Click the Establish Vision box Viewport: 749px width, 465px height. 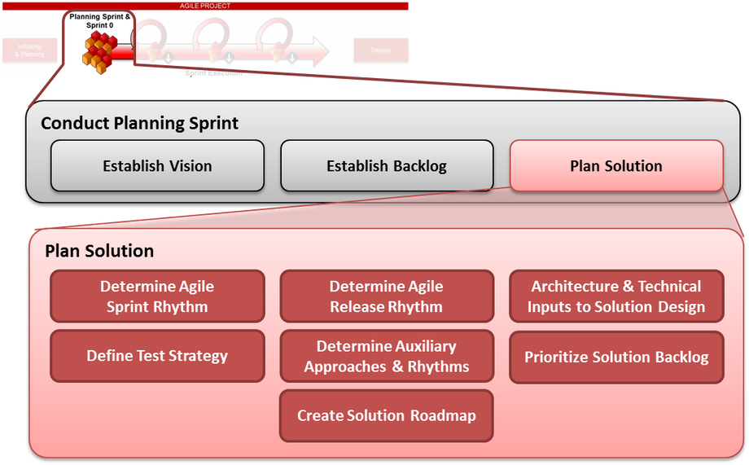(157, 166)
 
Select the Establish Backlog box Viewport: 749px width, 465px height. (387, 166)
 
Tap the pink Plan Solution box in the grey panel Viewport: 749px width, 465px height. (616, 166)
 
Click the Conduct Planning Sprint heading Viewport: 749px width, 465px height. (139, 123)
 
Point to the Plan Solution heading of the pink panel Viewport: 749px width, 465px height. (99, 251)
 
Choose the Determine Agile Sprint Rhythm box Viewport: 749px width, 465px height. (157, 296)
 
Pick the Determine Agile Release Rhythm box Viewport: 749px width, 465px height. (387, 296)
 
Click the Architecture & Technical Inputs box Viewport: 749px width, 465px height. (616, 296)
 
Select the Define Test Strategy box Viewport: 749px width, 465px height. (157, 356)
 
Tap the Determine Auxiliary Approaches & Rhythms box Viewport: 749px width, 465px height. (387, 356)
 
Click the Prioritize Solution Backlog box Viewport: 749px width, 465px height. (616, 357)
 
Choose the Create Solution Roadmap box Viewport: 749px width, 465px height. (387, 415)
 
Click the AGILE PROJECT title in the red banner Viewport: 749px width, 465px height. (205, 6)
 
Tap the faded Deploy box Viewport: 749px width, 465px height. (380, 50)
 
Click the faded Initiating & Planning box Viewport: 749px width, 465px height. (29, 50)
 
